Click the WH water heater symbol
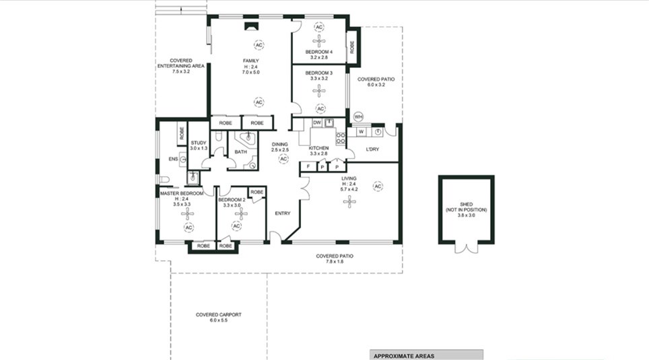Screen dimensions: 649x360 (x=358, y=117)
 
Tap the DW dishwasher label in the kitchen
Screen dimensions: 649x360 (x=317, y=123)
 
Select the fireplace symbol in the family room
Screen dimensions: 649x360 (x=251, y=26)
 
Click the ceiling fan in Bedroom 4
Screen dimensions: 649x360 (x=318, y=40)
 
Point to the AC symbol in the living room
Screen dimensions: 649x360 (x=378, y=186)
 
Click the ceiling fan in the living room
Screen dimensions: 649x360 (x=350, y=202)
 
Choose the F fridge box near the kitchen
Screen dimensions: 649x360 (x=308, y=167)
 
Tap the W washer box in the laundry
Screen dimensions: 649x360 (x=362, y=132)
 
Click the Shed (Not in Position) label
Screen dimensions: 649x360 (x=466, y=210)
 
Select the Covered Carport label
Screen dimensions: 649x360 (x=219, y=318)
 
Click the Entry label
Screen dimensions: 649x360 (x=283, y=213)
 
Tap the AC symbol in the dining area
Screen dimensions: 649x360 (x=283, y=159)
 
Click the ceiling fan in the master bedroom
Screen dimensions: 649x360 (x=188, y=214)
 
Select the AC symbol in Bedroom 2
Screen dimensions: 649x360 (x=236, y=226)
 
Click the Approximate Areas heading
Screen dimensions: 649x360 (x=404, y=356)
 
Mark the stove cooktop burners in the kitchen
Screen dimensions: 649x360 (x=341, y=139)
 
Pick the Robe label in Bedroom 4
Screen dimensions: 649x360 (x=352, y=47)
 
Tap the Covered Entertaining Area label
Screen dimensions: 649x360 (x=181, y=66)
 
